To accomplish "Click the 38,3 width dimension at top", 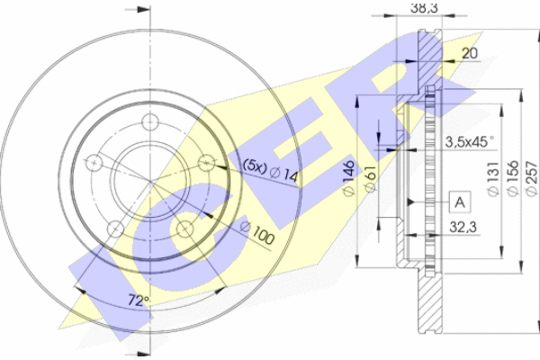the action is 424,7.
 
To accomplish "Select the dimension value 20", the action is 470,53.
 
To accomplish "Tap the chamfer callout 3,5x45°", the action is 470,141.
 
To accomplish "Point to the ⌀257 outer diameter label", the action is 532,179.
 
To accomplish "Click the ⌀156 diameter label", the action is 513,179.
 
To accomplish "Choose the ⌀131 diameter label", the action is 493,179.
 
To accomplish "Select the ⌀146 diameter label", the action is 349,178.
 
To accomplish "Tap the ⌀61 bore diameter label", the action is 370,178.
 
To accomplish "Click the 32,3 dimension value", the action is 463,228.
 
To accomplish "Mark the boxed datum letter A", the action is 460,202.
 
